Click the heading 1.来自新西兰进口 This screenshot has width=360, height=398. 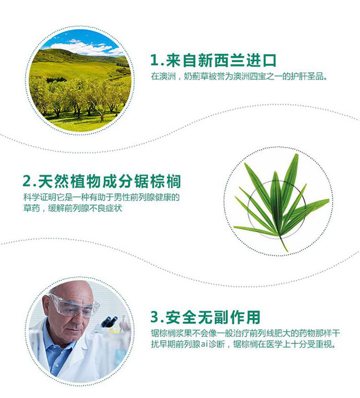pos(213,60)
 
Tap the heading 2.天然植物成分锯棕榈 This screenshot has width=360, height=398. pos(101,181)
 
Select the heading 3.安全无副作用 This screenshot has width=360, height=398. pos(205,317)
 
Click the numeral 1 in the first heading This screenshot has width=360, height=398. pos(154,60)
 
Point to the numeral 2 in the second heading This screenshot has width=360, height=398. pos(27,181)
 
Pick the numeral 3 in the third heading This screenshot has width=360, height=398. pos(154,317)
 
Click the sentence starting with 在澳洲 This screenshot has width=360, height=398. pos(239,76)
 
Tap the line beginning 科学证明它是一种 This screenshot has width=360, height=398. pos(101,197)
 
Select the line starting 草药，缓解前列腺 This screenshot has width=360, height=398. pos(73,208)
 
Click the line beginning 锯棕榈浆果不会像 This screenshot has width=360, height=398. pos(245,333)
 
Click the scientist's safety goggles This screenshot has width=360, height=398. pos(74,306)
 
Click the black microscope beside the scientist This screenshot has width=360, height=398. pos(109,321)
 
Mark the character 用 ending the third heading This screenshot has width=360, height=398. pos(253,317)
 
